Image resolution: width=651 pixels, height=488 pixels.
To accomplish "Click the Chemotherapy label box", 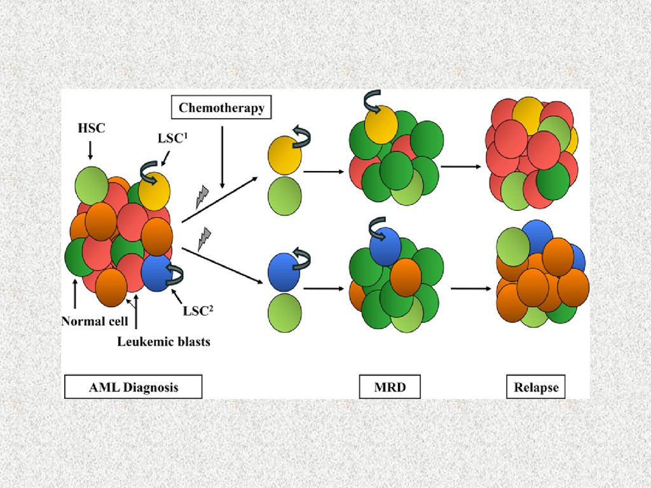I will coord(221,107).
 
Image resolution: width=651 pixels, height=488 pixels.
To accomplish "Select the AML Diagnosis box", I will coord(132,387).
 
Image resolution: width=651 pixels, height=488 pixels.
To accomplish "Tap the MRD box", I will coord(390,387).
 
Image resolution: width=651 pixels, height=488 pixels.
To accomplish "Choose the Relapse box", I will coord(536,387).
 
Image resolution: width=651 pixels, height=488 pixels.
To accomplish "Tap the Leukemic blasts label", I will coord(163,342).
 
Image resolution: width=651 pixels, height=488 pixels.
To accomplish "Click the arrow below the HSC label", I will coord(90,150).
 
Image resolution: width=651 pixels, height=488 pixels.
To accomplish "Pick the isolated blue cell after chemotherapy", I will coord(284,272).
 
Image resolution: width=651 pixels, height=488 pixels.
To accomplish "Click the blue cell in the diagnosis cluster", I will coord(156,273).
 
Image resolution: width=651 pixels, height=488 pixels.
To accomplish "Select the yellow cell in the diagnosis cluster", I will coord(154,191).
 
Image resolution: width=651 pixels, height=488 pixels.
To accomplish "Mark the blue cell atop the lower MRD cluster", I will coord(385,245).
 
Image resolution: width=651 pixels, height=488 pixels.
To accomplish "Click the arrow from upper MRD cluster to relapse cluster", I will coord(460,166).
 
